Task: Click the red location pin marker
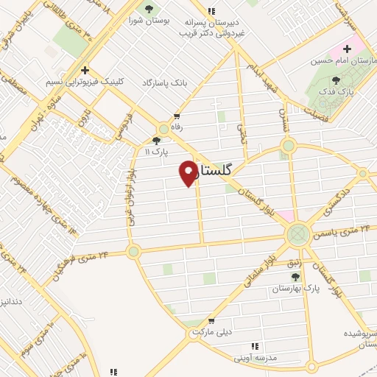[x=188, y=172]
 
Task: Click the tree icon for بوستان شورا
[x=150, y=10]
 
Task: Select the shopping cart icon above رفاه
[x=177, y=116]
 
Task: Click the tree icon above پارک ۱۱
[x=155, y=141]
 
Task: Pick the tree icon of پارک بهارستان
[x=295, y=277]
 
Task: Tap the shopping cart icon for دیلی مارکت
[x=211, y=321]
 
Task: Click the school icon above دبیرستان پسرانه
[x=212, y=11]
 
